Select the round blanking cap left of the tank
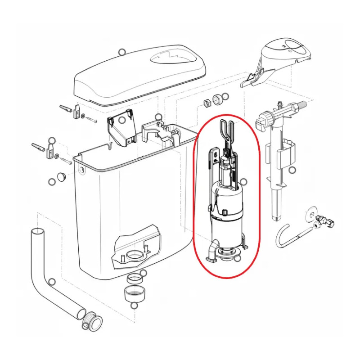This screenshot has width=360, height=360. coord(63,175)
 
